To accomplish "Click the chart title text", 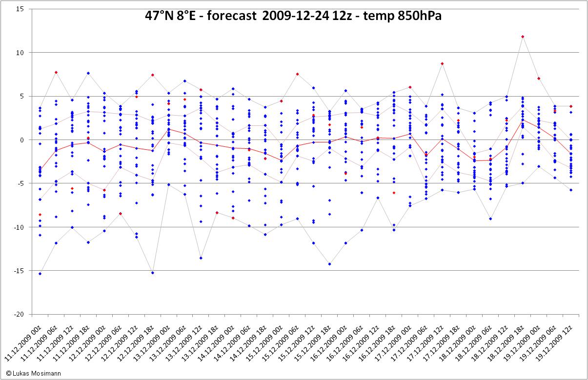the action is (293, 16).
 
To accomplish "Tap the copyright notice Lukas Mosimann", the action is (33, 373).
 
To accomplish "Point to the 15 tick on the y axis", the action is (20, 9).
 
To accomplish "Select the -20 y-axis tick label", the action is (19, 314).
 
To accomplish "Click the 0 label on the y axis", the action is (22, 140).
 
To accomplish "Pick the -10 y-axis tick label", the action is (19, 227).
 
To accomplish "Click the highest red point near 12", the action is (523, 37).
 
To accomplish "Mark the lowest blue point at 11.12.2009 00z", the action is (40, 274).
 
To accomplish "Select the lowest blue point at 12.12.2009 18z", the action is (153, 273).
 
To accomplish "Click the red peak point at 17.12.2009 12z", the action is (442, 63).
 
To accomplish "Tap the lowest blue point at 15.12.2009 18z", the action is (330, 264).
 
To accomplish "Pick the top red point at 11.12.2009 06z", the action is (56, 72).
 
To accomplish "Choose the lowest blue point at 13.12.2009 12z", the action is (201, 258).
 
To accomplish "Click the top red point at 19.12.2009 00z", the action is (539, 79).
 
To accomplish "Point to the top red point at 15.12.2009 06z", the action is (297, 74).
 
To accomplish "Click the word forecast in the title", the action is (231, 16).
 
